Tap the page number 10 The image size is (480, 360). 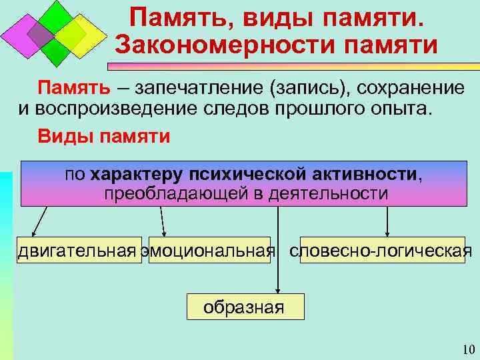coord(467,350)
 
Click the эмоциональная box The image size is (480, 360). coord(209,251)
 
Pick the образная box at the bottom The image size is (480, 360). coord(244,307)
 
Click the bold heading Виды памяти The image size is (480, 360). coord(103,136)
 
